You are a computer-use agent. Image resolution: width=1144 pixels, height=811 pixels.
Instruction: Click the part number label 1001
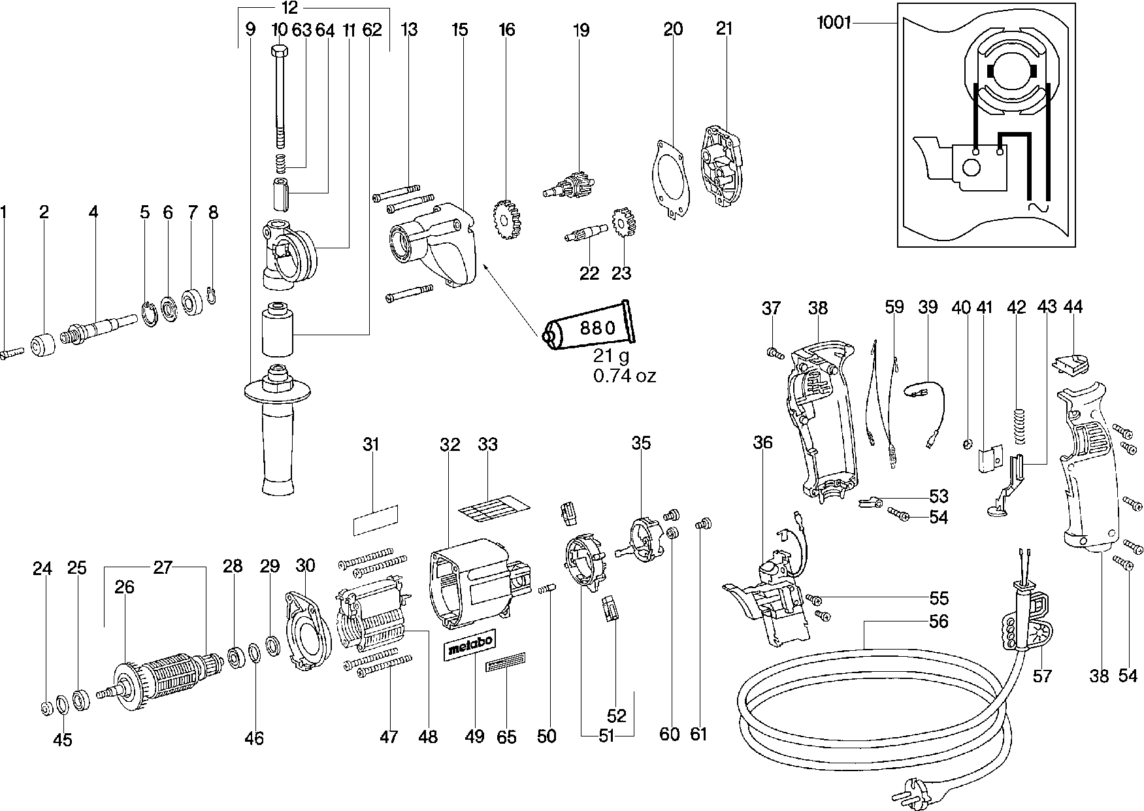(x=833, y=24)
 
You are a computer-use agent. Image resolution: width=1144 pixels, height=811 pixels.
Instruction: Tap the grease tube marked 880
(x=588, y=329)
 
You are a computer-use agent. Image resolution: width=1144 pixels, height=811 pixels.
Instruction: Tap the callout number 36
(x=762, y=442)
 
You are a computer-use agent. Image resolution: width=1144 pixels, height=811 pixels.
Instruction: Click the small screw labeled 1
(x=12, y=352)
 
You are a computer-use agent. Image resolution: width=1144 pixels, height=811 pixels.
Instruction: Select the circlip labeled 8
(x=212, y=295)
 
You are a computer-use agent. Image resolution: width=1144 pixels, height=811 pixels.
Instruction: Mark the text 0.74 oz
(x=624, y=376)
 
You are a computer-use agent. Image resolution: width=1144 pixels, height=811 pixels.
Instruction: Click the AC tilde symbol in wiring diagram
(x=1037, y=208)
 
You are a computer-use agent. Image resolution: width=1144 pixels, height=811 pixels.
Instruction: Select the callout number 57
(x=1042, y=675)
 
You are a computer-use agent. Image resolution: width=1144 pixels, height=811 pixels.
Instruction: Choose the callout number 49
(x=475, y=736)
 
